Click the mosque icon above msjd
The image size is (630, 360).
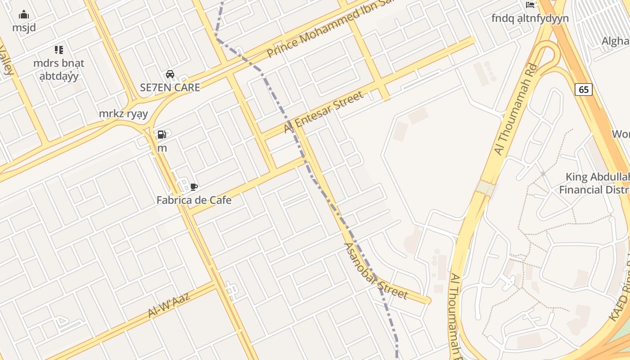pyautogui.click(x=24, y=15)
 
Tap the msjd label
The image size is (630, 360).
pyautogui.click(x=24, y=28)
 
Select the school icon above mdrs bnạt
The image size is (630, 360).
pyautogui.click(x=59, y=50)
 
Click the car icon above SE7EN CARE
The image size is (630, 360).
pyautogui.click(x=170, y=74)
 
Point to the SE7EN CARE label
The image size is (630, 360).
pyautogui.click(x=170, y=88)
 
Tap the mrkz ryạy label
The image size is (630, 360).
pyautogui.click(x=123, y=114)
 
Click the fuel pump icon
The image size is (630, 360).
pyautogui.click(x=162, y=135)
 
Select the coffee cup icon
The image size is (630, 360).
pyautogui.click(x=194, y=187)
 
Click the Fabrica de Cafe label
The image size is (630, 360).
pyautogui.click(x=194, y=200)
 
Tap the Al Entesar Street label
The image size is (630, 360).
pyautogui.click(x=324, y=112)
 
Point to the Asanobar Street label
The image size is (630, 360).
pyautogui.click(x=375, y=271)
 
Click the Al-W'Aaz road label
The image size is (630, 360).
pyautogui.click(x=169, y=304)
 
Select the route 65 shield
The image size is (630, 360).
pyautogui.click(x=583, y=90)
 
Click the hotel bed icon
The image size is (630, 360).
pyautogui.click(x=530, y=5)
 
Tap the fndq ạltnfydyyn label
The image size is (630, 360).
pyautogui.click(x=530, y=18)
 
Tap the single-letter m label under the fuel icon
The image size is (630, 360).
pyautogui.click(x=162, y=148)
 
